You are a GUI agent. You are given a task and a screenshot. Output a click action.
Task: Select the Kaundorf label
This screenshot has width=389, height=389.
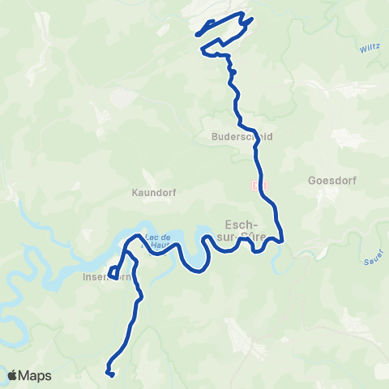click(x=154, y=193)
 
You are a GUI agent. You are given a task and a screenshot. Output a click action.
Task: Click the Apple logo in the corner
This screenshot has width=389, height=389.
click(x=13, y=375)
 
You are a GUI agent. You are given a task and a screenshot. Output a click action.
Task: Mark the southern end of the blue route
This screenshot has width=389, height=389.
click(x=109, y=373)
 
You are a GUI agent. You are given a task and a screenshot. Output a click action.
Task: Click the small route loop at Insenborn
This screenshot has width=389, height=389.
click(x=113, y=271)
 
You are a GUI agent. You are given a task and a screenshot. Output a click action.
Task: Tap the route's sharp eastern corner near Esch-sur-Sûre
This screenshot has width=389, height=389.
click(x=282, y=240)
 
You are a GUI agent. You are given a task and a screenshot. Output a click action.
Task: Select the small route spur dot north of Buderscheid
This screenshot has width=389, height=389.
click(x=233, y=72)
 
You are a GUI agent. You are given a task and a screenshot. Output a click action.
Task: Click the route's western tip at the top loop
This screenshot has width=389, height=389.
click(x=197, y=34)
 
